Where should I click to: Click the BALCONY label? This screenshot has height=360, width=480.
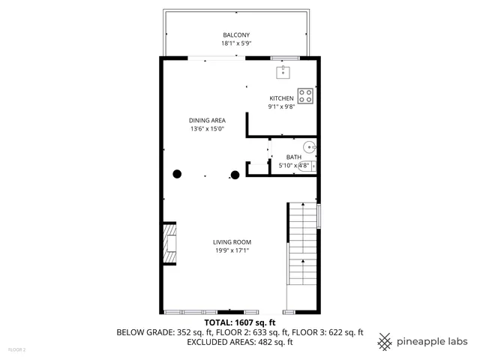[235, 35]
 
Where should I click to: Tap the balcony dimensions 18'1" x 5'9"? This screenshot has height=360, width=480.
[235, 44]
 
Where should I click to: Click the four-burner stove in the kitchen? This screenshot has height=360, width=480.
[305, 95]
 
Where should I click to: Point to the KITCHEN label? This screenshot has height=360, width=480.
[282, 98]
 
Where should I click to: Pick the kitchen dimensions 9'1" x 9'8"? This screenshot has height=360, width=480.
[282, 106]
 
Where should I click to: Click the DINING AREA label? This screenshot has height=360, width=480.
[207, 120]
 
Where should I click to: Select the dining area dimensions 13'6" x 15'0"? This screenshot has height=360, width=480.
[207, 128]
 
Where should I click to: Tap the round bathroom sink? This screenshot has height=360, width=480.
[309, 147]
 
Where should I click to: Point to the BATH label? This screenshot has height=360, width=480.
[293, 157]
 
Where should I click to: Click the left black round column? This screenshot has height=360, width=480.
[178, 174]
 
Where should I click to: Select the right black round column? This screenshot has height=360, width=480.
[235, 175]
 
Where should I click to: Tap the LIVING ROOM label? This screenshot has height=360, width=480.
[232, 241]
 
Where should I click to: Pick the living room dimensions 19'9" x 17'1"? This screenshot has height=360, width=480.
[232, 250]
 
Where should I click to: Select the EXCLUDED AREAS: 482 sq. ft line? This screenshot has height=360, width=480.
[240, 342]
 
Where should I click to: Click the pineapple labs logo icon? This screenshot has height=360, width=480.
[384, 341]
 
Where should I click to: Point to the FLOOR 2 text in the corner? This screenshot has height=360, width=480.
[16, 349]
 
